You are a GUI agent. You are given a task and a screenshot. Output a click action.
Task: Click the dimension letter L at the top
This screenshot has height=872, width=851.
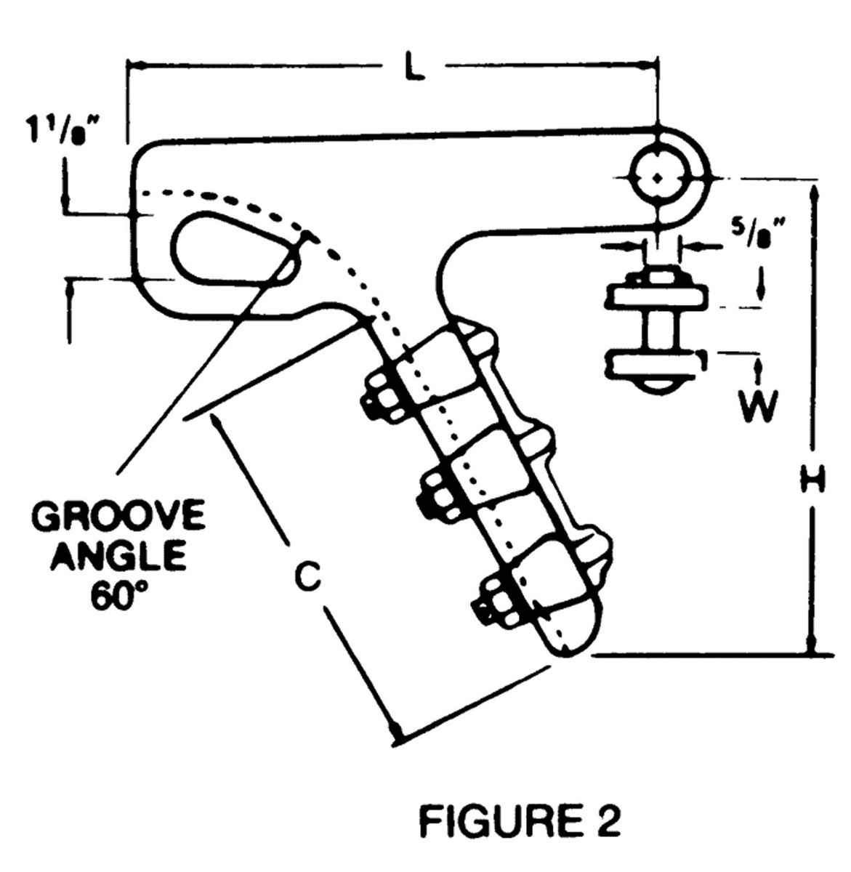[414, 68]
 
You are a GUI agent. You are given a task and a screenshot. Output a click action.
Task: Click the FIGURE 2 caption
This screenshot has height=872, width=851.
[520, 823]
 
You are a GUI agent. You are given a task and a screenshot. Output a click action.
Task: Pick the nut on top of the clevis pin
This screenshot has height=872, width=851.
[657, 277]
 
